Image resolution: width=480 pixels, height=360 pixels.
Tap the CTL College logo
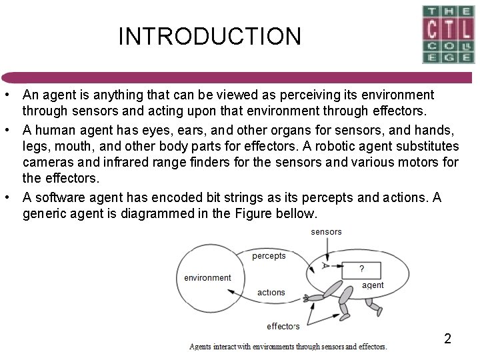(448, 34)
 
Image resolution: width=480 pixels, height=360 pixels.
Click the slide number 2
(447, 339)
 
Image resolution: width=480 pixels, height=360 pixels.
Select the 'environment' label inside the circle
(207, 278)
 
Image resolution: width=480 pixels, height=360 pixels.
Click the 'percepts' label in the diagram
(269, 255)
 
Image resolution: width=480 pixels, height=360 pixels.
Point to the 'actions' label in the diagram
(271, 292)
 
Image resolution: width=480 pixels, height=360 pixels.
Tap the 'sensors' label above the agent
(326, 232)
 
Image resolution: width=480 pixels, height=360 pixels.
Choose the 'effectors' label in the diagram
(283, 326)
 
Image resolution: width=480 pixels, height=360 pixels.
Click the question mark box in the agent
(361, 269)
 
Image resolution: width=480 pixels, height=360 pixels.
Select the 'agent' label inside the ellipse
(373, 285)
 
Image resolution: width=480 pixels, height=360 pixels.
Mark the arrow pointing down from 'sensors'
(327, 250)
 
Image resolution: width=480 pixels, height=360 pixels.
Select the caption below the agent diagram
(288, 346)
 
